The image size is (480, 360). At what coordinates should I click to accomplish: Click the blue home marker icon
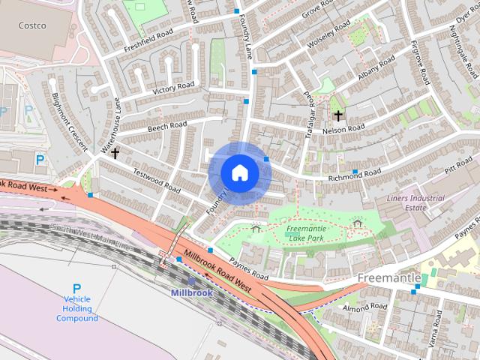pyautogui.click(x=240, y=172)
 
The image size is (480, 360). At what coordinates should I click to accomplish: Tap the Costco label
pyautogui.click(x=32, y=25)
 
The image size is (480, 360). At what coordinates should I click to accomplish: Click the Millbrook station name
pyautogui.click(x=191, y=292)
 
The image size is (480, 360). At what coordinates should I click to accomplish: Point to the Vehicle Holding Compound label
pyautogui.click(x=76, y=308)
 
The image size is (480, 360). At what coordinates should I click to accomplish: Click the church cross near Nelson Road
pyautogui.click(x=338, y=115)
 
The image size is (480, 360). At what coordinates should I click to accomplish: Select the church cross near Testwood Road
pyautogui.click(x=115, y=153)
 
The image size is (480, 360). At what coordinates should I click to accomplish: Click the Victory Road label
pyautogui.click(x=173, y=88)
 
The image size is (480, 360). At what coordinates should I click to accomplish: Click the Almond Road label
pyautogui.click(x=364, y=307)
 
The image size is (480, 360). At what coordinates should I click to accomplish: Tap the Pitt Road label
pyautogui.click(x=457, y=166)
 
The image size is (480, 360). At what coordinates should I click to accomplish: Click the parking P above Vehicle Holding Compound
pyautogui.click(x=76, y=288)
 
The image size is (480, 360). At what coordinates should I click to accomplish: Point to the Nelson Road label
pyautogui.click(x=343, y=130)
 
